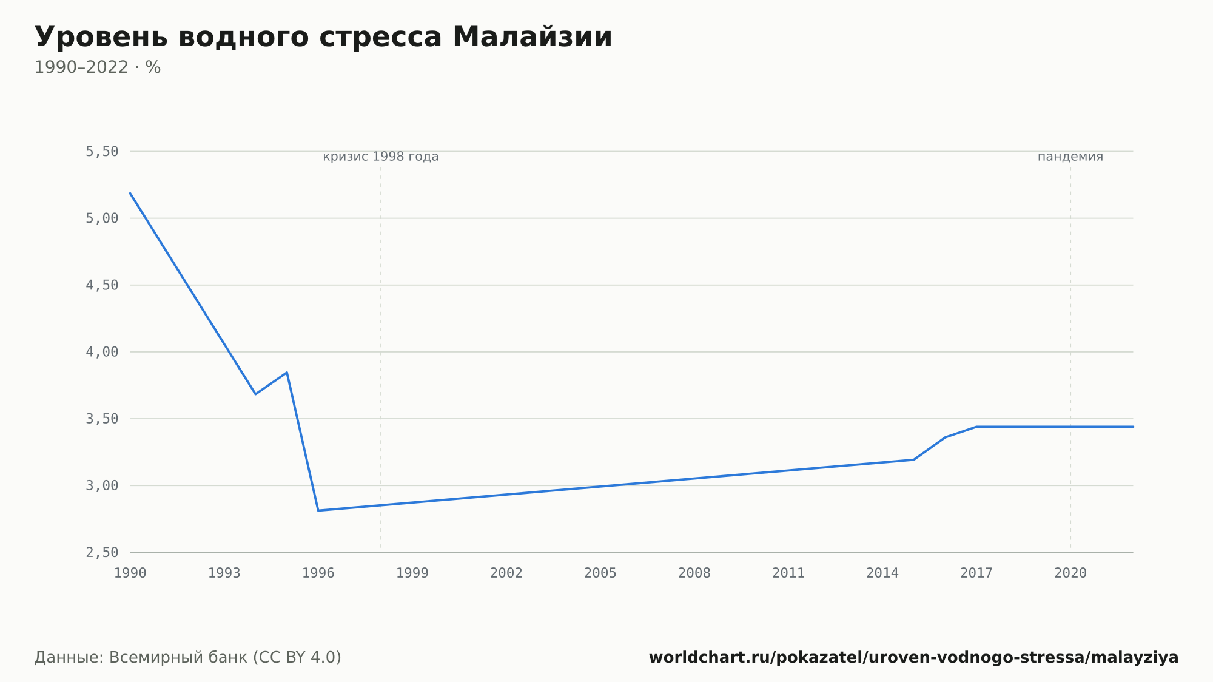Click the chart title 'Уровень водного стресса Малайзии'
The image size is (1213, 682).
pyautogui.click(x=323, y=38)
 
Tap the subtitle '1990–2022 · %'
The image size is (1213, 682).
pyautogui.click(x=98, y=67)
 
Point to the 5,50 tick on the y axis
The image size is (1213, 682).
pyautogui.click(x=102, y=152)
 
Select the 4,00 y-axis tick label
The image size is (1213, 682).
pyautogui.click(x=102, y=352)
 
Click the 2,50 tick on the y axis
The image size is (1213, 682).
pyautogui.click(x=102, y=552)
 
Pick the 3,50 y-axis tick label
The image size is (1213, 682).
pyautogui.click(x=102, y=419)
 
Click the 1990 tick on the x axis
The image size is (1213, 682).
pyautogui.click(x=130, y=573)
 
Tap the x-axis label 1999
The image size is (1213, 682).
pyautogui.click(x=412, y=573)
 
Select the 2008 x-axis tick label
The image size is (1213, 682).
pyautogui.click(x=694, y=573)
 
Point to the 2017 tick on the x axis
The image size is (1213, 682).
pyautogui.click(x=976, y=573)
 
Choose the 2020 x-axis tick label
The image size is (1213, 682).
pyautogui.click(x=1070, y=573)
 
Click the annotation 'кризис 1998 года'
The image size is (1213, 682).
pyautogui.click(x=381, y=157)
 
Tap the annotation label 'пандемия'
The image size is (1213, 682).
pyautogui.click(x=1070, y=157)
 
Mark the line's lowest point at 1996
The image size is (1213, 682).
pyautogui.click(x=318, y=510)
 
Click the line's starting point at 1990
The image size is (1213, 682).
pyautogui.click(x=130, y=193)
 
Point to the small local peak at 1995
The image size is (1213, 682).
pyautogui.click(x=287, y=373)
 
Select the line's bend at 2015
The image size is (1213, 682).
pyautogui.click(x=913, y=459)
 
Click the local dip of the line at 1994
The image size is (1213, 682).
pyautogui.click(x=255, y=394)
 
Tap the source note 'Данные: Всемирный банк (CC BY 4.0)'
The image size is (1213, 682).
pyautogui.click(x=188, y=657)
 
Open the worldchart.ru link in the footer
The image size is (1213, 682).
pyautogui.click(x=913, y=657)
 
